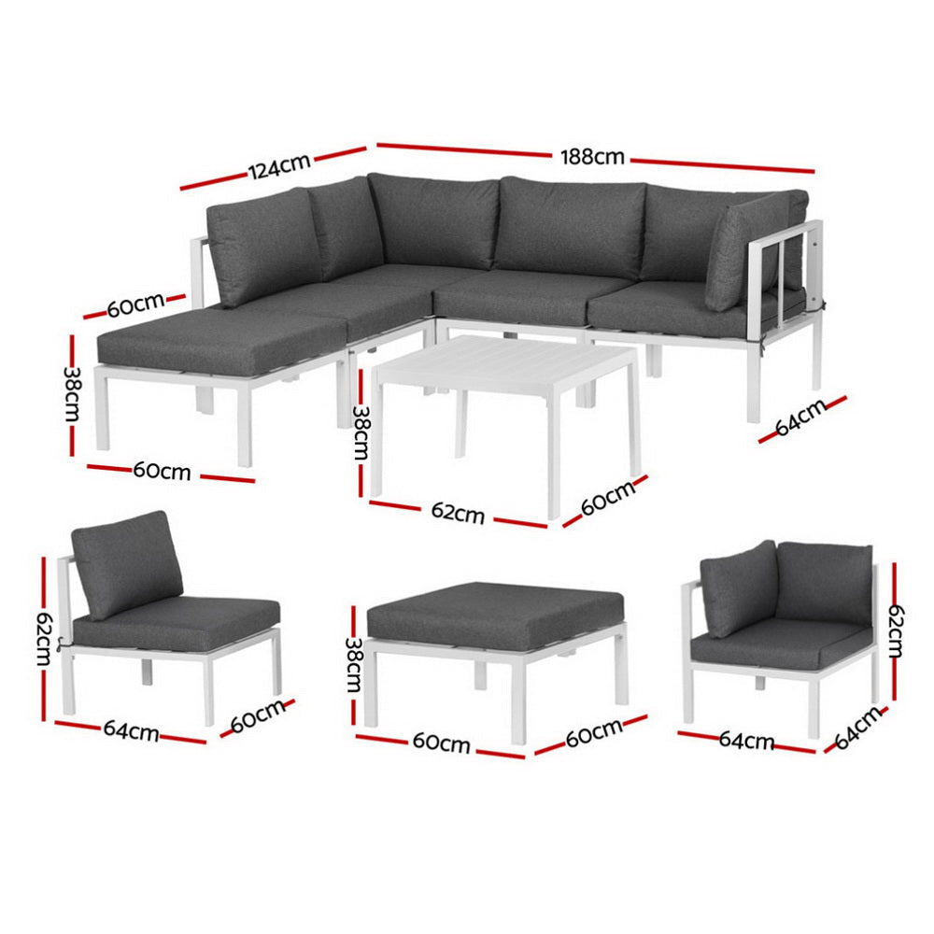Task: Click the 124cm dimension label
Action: pyautogui.click(x=278, y=167)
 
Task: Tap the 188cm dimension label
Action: pyautogui.click(x=592, y=156)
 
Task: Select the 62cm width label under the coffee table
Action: pyautogui.click(x=458, y=512)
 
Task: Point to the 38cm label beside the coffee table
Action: pyautogui.click(x=360, y=432)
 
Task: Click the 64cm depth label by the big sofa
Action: pyautogui.click(x=801, y=417)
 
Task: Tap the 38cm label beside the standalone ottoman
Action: pyautogui.click(x=354, y=664)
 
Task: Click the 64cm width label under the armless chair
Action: pyautogui.click(x=132, y=731)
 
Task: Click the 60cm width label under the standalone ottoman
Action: pyautogui.click(x=441, y=743)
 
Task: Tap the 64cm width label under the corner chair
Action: pyautogui.click(x=746, y=741)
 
